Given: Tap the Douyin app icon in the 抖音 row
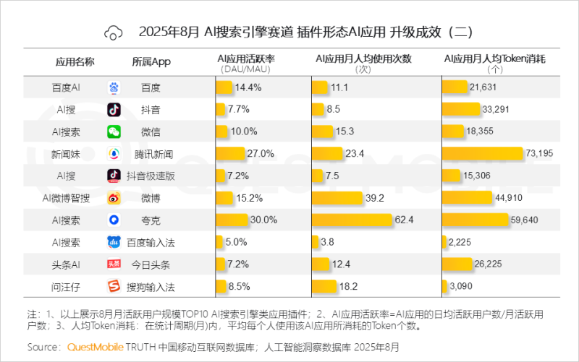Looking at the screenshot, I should tap(114, 110).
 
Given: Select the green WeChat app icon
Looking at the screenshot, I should tap(114, 132).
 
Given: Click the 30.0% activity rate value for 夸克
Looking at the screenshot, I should tap(263, 220).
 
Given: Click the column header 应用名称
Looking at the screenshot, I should tap(75, 61).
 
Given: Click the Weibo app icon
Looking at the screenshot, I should tap(114, 198).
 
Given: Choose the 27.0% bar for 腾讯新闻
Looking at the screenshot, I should tap(231, 154).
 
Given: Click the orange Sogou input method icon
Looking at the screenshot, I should tap(114, 287).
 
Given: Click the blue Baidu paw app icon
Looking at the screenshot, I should tap(114, 87).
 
